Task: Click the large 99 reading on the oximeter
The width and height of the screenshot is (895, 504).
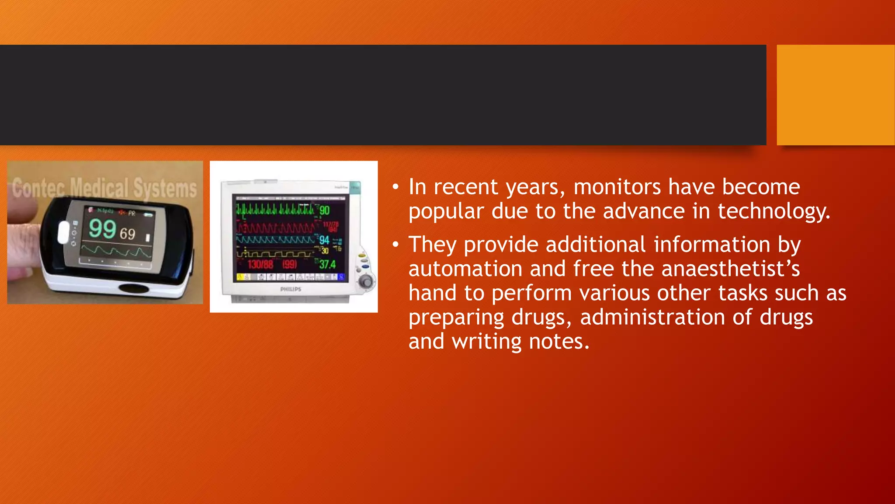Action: point(102,229)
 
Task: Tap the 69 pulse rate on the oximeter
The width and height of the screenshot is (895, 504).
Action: point(127,234)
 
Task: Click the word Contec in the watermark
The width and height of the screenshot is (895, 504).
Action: point(38,188)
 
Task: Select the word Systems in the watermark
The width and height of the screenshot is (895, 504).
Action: point(165,189)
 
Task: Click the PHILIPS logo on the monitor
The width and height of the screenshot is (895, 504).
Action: point(291,289)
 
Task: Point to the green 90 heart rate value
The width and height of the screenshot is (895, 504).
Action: point(324,210)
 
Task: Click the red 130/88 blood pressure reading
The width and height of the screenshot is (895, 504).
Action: point(260,264)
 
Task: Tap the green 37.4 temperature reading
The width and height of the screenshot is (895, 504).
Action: point(327,264)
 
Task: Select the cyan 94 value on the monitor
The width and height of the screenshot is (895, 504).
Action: point(324,240)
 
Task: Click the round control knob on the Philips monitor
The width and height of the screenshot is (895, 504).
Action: point(366,281)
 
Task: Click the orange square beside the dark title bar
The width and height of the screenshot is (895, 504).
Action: point(836,95)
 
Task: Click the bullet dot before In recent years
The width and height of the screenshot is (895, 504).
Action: point(395,187)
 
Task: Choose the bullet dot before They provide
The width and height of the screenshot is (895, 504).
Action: point(395,245)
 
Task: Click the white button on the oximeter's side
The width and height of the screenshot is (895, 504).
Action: point(63,232)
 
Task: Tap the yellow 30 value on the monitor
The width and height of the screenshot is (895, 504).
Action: point(325,251)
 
